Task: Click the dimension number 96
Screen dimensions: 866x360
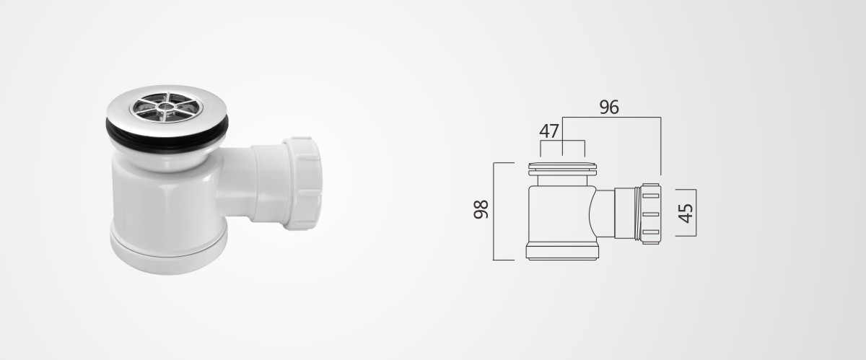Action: (609, 107)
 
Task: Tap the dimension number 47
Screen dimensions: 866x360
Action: (549, 131)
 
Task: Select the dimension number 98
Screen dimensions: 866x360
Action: (481, 209)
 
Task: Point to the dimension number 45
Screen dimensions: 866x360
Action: (686, 213)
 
